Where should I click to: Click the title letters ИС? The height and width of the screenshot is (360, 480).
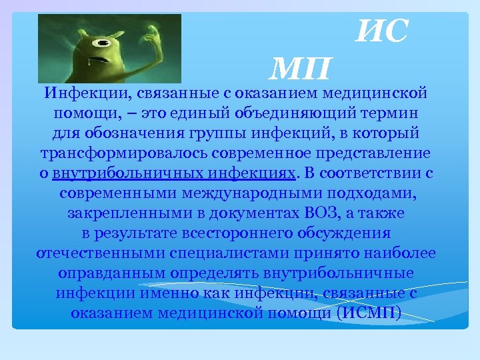(x=381, y=31)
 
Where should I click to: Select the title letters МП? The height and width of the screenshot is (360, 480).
(x=302, y=67)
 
